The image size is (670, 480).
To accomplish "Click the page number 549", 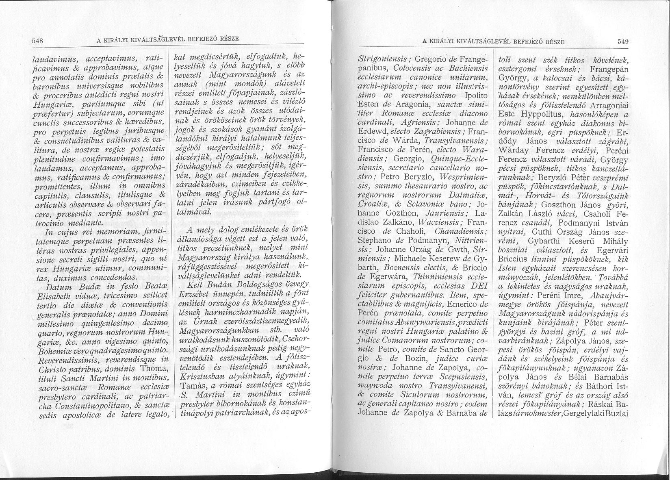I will tap(622, 41).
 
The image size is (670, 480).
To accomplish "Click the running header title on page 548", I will tap(167, 40).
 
